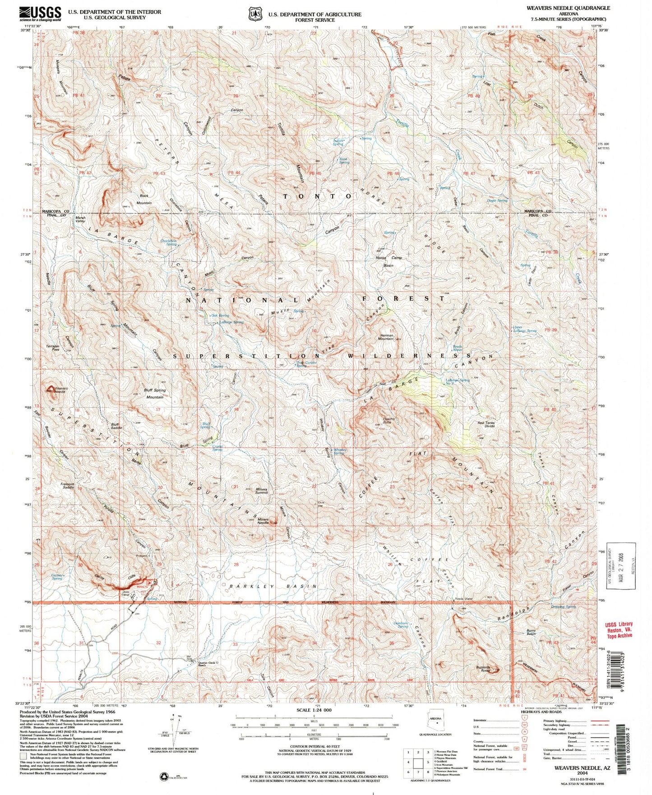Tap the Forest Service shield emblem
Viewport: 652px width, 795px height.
coord(255,14)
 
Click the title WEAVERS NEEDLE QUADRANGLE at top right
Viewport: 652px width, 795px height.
coord(568,8)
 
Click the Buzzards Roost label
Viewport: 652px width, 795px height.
coord(486,669)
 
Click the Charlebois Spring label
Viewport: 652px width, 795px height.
coord(168,242)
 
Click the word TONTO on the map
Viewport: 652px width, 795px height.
coord(317,196)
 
